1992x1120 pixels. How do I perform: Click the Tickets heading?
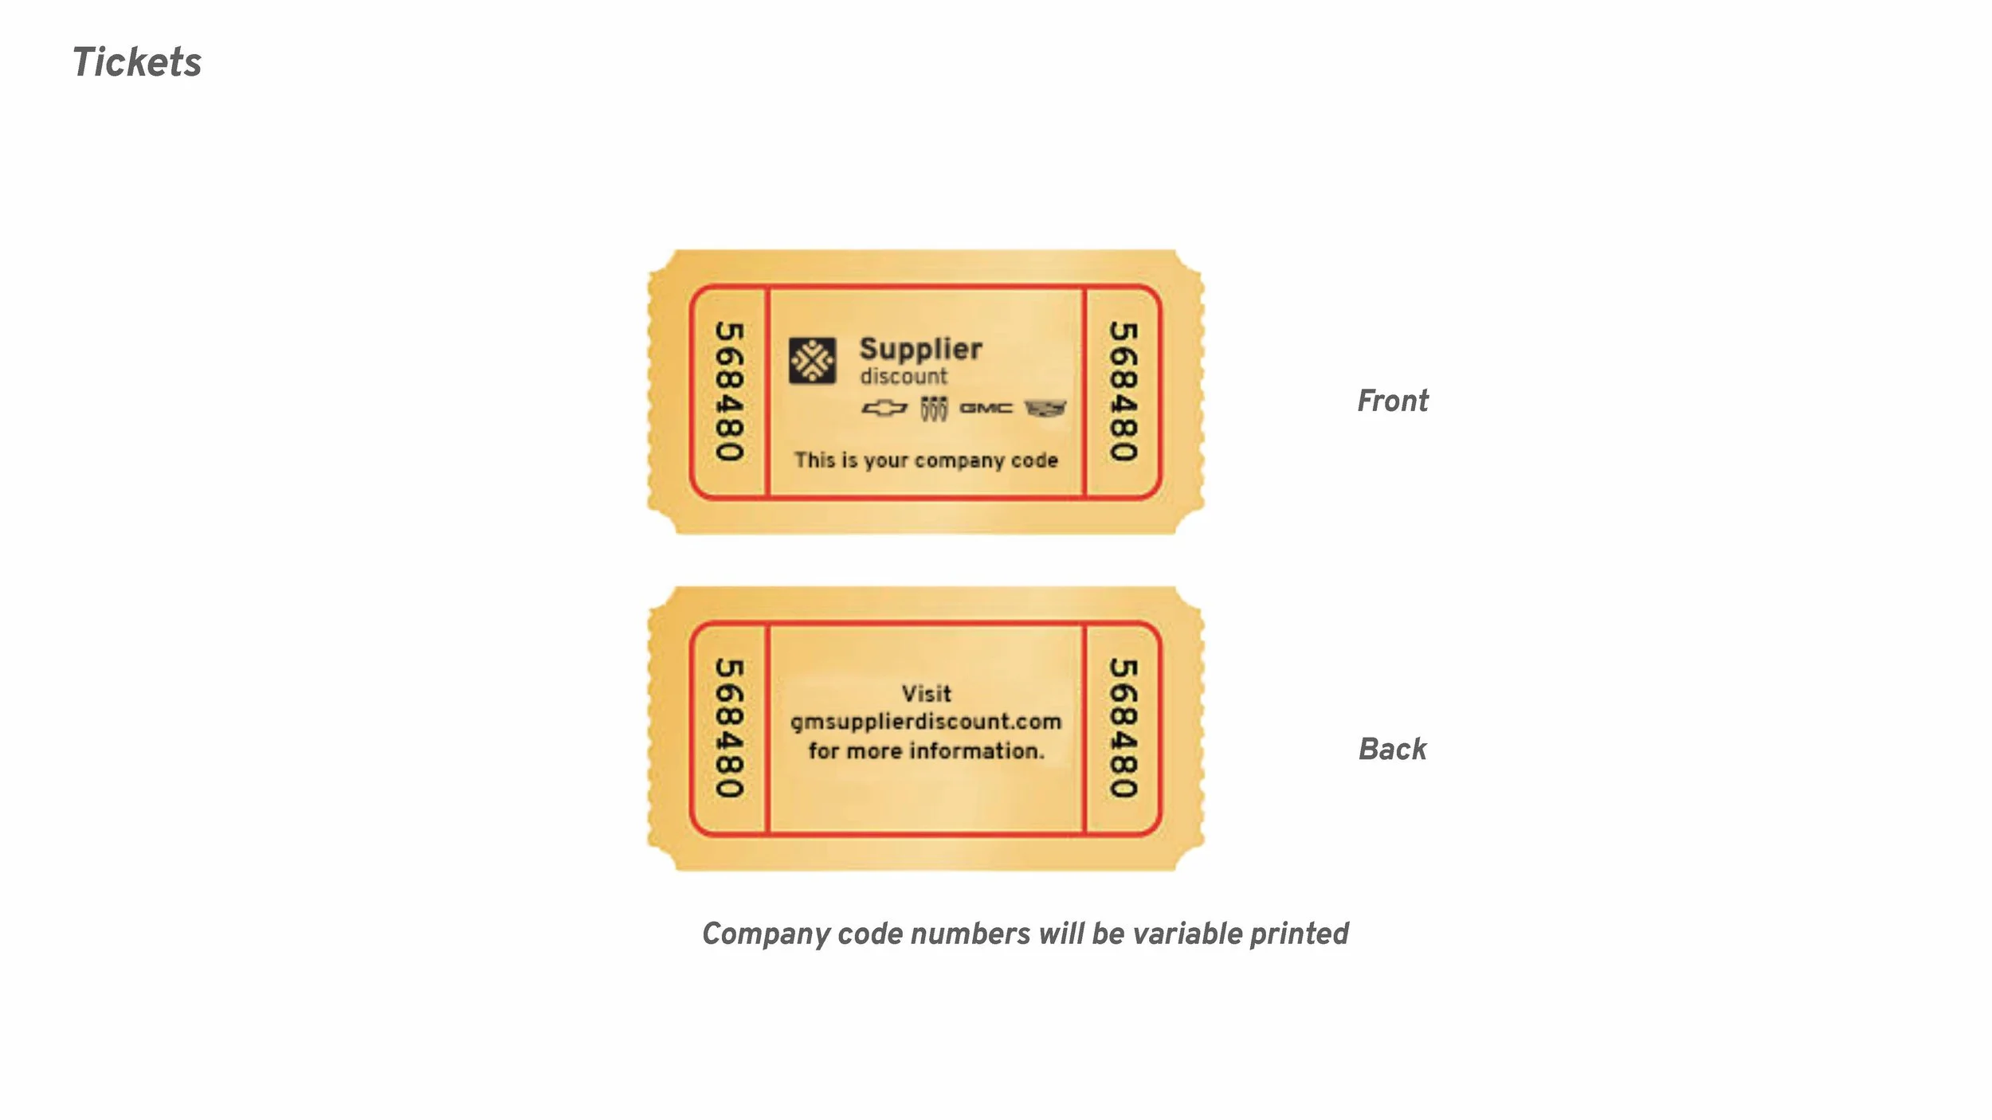point(137,62)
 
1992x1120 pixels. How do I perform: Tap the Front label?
point(1392,401)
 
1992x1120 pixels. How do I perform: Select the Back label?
point(1392,749)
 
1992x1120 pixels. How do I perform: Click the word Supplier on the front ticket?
point(920,350)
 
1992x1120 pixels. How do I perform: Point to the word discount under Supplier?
point(904,376)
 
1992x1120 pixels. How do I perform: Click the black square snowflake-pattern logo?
point(812,361)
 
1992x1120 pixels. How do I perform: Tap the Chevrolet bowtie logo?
point(884,409)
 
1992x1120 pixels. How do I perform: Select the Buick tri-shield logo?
point(934,409)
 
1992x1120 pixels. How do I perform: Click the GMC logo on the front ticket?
point(986,409)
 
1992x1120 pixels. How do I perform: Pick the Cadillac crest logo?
point(1045,409)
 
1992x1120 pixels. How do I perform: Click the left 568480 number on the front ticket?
point(729,392)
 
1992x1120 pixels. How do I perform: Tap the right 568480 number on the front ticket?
point(1123,392)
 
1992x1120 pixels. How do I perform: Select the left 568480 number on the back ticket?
point(729,728)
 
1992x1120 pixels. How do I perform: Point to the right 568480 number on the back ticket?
point(1123,728)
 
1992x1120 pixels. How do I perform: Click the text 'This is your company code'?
point(926,460)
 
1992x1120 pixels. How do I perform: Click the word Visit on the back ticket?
point(926,693)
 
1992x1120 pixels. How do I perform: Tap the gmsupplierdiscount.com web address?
point(926,722)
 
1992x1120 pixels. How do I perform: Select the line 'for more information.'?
point(926,750)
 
